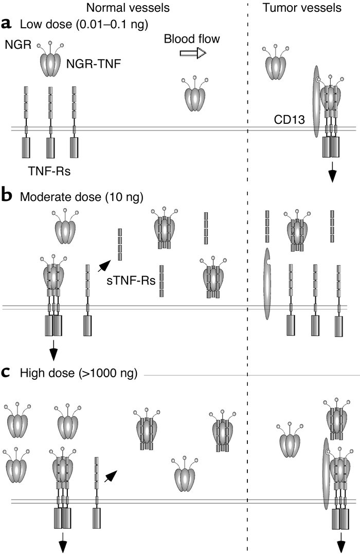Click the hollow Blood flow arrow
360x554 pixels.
193,53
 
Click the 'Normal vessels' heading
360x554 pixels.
128,8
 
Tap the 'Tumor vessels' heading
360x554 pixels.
302,8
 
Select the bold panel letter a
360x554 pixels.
7,24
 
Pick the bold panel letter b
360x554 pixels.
7,195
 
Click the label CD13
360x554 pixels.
289,120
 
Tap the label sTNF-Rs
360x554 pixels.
131,281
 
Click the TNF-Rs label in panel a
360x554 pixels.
49,171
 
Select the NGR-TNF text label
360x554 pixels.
94,64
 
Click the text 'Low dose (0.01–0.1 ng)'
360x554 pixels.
84,24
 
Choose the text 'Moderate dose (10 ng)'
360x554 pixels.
82,197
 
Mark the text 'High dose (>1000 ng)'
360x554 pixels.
79,373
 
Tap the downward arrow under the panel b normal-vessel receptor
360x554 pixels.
53,350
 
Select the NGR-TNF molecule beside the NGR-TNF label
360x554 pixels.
50,60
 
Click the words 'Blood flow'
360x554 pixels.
192,39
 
